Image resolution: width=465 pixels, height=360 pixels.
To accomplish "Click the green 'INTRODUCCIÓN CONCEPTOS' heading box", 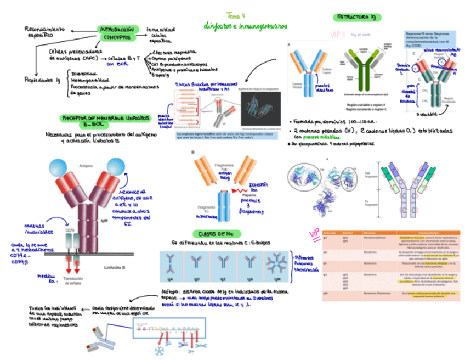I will click(116, 33).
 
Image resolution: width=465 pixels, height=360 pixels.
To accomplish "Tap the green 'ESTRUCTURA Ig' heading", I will click(357, 18).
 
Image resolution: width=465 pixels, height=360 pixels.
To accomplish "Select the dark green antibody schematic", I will click(367, 71).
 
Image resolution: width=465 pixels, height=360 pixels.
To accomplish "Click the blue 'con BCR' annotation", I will click(117, 64).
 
